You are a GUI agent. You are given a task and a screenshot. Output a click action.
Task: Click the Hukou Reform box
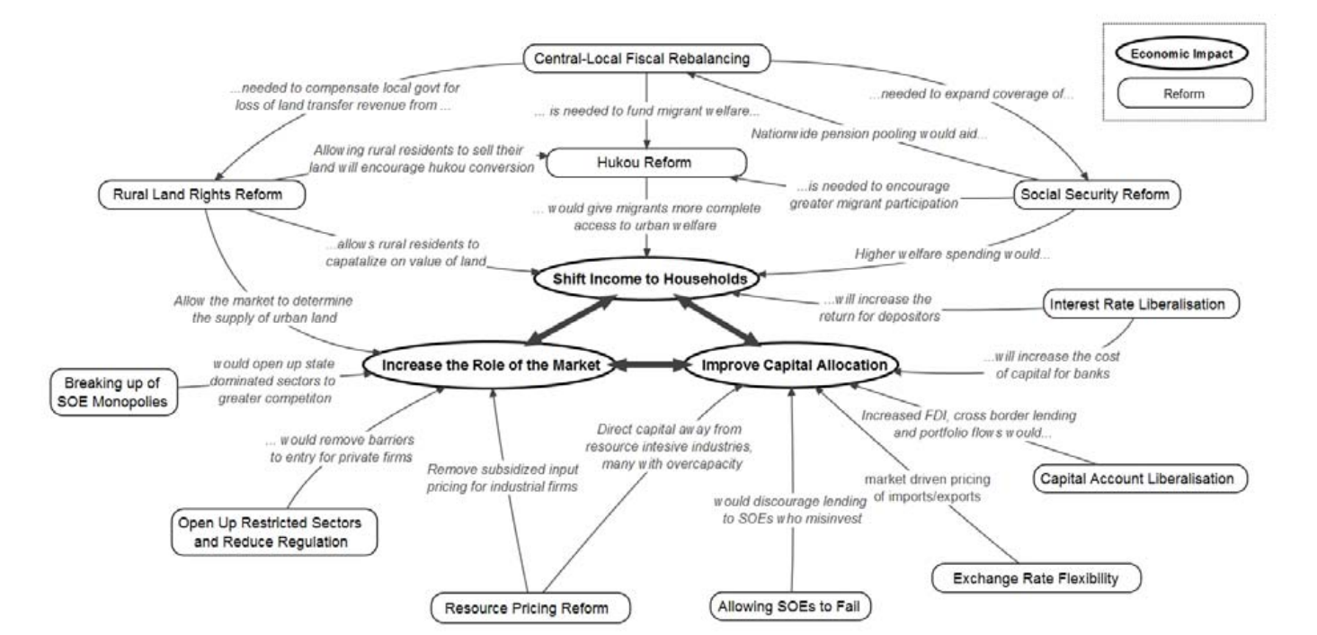(x=647, y=163)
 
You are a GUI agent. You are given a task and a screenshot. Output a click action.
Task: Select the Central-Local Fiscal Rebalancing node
(x=646, y=60)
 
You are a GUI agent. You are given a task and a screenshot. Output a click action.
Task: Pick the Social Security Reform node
(x=1095, y=193)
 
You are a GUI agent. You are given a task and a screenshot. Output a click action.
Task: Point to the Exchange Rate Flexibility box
(x=1037, y=577)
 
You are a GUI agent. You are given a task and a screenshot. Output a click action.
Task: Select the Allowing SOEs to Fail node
(x=791, y=604)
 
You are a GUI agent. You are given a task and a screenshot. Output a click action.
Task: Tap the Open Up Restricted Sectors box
(x=261, y=532)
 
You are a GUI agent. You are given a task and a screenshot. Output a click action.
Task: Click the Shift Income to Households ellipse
(x=638, y=280)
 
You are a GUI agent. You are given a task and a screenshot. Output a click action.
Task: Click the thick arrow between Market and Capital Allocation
(x=651, y=364)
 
